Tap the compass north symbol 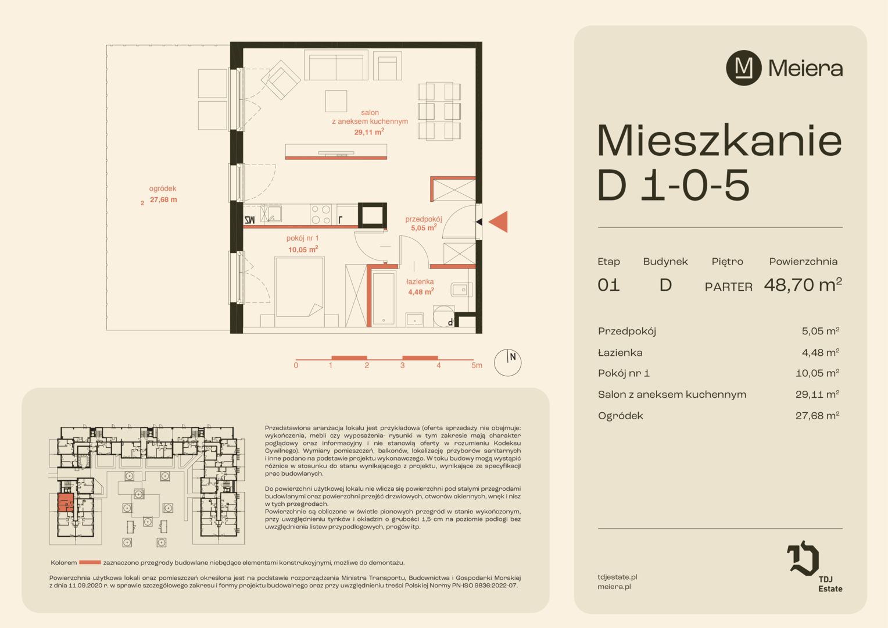pyautogui.click(x=507, y=362)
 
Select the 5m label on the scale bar pyautogui.click(x=477, y=365)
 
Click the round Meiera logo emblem pyautogui.click(x=743, y=68)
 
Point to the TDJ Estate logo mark pyautogui.click(x=803, y=559)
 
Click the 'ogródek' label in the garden pyautogui.click(x=163, y=188)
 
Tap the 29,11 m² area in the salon pyautogui.click(x=368, y=132)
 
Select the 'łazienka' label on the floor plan pyautogui.click(x=420, y=281)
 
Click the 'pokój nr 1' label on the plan pyautogui.click(x=302, y=238)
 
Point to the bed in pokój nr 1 pyautogui.click(x=299, y=287)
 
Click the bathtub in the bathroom pyautogui.click(x=384, y=298)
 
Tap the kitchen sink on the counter pyautogui.click(x=271, y=214)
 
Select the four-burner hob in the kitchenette pyautogui.click(x=321, y=214)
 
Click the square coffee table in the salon pyautogui.click(x=336, y=101)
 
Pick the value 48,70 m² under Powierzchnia pyautogui.click(x=803, y=285)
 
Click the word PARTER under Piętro pyautogui.click(x=729, y=287)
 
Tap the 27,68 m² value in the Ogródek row pyautogui.click(x=818, y=416)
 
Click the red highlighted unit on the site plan pyautogui.click(x=66, y=503)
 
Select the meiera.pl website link pyautogui.click(x=614, y=587)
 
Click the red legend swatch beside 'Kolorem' pyautogui.click(x=90, y=562)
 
